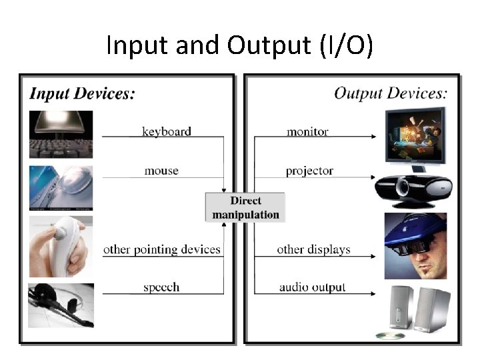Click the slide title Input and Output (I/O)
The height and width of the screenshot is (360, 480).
click(240, 45)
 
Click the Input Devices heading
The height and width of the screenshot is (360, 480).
click(82, 93)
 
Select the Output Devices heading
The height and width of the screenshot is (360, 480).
click(390, 93)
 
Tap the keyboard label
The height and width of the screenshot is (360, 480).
click(167, 131)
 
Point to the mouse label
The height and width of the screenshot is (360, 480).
click(161, 171)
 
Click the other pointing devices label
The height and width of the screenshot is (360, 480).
click(161, 250)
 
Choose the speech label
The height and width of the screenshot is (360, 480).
click(161, 287)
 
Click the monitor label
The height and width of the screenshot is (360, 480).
click(307, 131)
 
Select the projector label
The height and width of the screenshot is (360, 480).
click(309, 171)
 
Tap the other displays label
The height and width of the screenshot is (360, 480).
click(313, 250)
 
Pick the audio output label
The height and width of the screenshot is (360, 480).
click(313, 287)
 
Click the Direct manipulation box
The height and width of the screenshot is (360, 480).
click(245, 207)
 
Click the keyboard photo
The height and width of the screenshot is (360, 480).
click(61, 134)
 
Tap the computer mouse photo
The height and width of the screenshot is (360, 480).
click(61, 188)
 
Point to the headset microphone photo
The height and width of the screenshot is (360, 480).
click(61, 305)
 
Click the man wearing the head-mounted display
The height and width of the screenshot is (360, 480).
click(415, 245)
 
